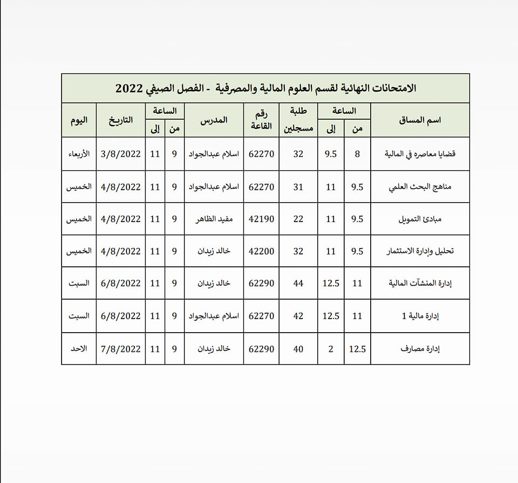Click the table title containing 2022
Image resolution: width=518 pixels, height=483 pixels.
tap(265, 88)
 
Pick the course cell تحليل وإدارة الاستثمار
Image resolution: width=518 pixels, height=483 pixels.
tap(421, 252)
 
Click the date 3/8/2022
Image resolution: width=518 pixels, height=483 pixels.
tap(121, 154)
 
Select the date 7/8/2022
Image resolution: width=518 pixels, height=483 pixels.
tap(121, 349)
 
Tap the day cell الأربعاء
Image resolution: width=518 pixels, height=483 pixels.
tap(79, 154)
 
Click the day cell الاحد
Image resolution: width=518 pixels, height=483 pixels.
tap(79, 349)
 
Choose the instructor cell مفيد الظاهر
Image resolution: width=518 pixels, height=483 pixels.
tap(214, 219)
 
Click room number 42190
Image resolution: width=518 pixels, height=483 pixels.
tap(262, 219)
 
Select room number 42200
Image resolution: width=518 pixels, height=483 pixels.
tap(262, 252)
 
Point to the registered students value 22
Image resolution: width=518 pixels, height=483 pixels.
tap(298, 219)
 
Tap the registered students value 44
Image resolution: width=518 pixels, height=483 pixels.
tap(298, 284)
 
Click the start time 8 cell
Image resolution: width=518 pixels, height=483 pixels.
tap(357, 154)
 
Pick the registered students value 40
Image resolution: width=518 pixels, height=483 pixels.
tap(298, 349)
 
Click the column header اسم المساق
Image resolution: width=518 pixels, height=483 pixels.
tap(420, 120)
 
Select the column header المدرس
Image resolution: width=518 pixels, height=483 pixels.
tap(214, 120)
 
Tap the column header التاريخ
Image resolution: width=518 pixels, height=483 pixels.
tap(121, 120)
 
